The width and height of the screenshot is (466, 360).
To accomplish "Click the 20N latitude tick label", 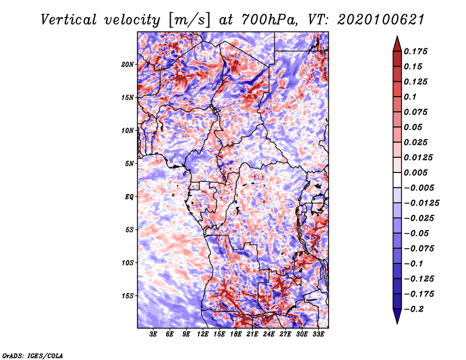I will [128, 64].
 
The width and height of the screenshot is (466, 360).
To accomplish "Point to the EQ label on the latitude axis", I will [129, 197].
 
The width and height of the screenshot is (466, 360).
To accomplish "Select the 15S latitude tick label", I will [128, 296].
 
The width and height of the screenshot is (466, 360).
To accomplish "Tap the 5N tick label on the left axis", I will [130, 164].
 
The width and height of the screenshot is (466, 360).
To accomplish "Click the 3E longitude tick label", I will [154, 335].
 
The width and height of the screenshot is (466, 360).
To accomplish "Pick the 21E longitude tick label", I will [253, 335].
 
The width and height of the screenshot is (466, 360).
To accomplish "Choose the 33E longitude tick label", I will [319, 335].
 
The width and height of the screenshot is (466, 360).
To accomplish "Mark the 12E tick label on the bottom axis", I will [203, 335].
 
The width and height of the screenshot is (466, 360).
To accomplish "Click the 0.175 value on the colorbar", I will [416, 51].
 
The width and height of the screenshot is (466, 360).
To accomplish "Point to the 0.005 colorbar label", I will [416, 172].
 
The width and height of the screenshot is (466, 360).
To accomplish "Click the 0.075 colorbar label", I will [416, 112].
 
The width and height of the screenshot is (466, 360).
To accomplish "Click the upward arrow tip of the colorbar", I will [397, 38].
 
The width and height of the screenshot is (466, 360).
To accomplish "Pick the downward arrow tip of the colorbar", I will [397, 322].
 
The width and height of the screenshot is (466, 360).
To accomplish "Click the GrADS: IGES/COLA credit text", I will [32, 355].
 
